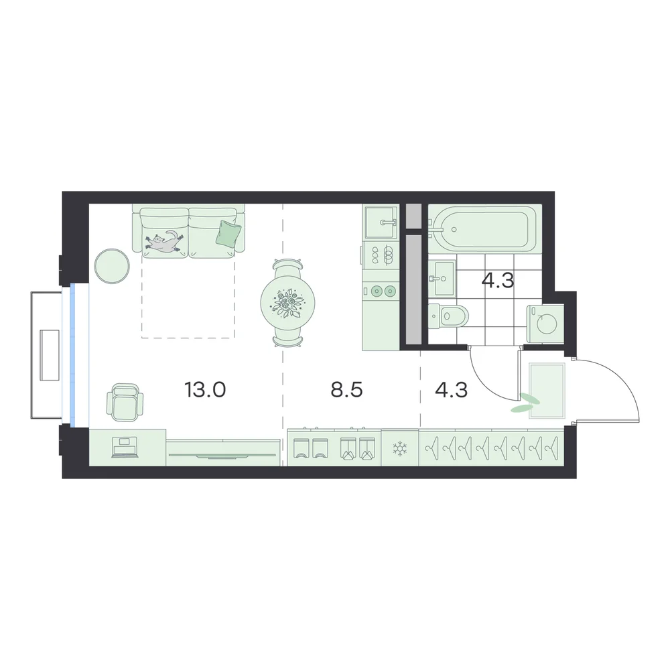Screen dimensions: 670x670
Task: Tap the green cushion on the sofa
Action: [228, 233]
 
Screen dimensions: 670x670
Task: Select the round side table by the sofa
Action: [112, 266]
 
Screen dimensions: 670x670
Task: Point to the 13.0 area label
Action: [205, 390]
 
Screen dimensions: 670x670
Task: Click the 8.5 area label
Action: [346, 390]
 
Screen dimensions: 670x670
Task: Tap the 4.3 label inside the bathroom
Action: [498, 281]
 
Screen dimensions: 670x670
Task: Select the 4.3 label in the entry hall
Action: [451, 390]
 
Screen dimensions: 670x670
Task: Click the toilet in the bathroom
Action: [448, 316]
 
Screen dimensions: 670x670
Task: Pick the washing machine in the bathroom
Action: [545, 324]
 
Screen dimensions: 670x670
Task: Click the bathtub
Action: [485, 228]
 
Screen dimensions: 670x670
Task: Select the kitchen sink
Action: [381, 222]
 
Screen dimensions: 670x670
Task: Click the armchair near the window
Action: [125, 402]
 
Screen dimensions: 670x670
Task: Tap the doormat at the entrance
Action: [547, 391]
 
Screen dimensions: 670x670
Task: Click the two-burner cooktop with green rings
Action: [383, 291]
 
